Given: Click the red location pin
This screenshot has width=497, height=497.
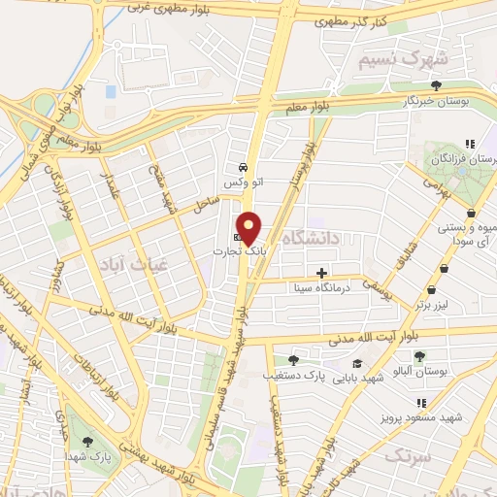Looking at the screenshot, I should (249, 227).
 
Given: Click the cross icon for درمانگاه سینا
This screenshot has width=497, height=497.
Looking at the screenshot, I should (322, 272).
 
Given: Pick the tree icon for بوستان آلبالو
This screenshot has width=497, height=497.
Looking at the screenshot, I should (419, 356).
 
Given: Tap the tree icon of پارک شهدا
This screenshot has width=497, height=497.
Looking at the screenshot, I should (89, 442).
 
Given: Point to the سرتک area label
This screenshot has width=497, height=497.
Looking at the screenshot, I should (407, 453).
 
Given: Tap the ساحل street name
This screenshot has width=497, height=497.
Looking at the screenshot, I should (207, 204).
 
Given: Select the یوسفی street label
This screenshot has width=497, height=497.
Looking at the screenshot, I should (377, 285).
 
